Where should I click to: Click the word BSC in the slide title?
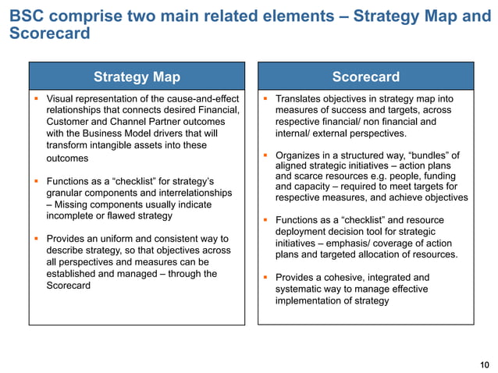(x=26, y=16)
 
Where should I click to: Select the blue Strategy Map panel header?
(x=137, y=76)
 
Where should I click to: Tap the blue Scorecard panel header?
(x=365, y=76)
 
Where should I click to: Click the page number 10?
(x=485, y=364)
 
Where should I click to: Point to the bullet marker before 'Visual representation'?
(x=37, y=99)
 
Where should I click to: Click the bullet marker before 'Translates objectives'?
(x=265, y=99)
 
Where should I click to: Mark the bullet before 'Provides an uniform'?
(x=37, y=239)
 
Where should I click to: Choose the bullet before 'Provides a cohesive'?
(x=265, y=278)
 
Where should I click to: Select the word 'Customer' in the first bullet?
(x=69, y=122)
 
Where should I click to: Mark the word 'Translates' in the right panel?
(x=301, y=99)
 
